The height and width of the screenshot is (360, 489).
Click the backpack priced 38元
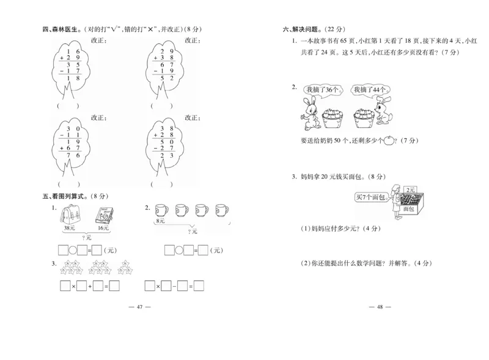[68, 215]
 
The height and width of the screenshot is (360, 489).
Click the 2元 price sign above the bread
[411, 190]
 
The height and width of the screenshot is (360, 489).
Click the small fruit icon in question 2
[388, 140]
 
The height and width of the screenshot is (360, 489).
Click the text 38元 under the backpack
[69, 229]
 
